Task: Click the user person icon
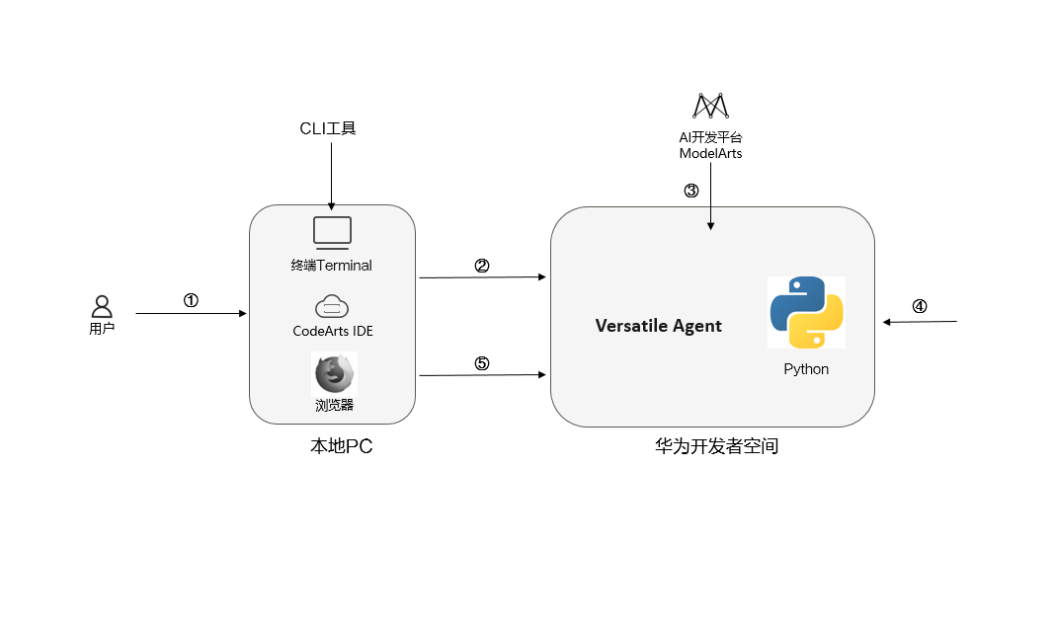point(102,307)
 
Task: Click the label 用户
point(102,329)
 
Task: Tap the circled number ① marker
point(192,300)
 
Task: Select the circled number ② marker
point(482,265)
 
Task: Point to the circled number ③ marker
point(691,191)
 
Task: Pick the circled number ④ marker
point(920,306)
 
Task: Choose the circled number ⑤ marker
point(482,362)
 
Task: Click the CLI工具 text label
point(327,128)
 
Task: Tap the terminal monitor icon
point(332,231)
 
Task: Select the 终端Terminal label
point(332,265)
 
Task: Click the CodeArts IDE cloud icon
point(332,306)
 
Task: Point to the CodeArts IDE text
point(333,331)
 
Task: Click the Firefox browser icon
point(334,374)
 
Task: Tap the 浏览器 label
point(334,404)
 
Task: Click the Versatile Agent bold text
point(658,326)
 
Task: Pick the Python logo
point(806,312)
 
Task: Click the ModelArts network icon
point(710,106)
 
